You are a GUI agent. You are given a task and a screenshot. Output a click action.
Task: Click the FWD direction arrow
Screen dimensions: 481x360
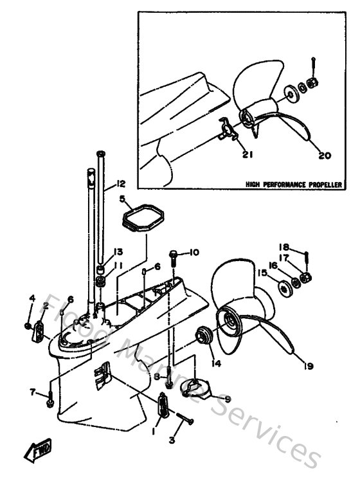pos(39,453)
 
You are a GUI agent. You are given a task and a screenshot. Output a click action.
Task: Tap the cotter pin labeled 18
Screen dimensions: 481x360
pos(307,259)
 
